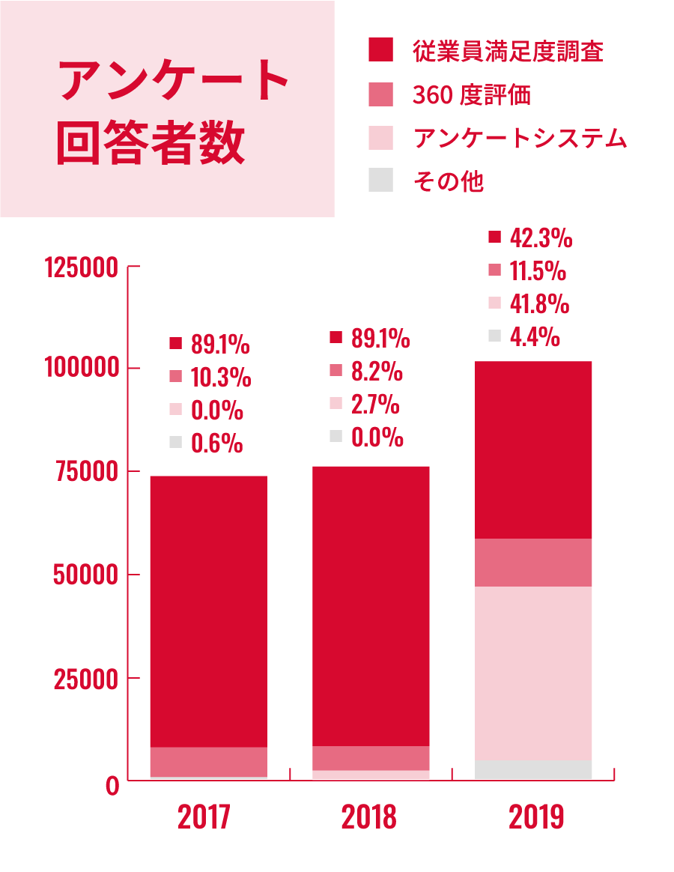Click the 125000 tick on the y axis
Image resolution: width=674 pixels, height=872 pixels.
click(x=82, y=267)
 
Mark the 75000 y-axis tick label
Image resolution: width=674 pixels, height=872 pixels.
click(x=88, y=472)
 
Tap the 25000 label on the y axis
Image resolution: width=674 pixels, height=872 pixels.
click(x=88, y=679)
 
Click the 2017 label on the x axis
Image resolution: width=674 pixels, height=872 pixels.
click(x=204, y=817)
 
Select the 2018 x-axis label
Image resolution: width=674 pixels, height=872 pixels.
click(x=368, y=817)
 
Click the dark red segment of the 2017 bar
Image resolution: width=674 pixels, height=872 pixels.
click(x=209, y=611)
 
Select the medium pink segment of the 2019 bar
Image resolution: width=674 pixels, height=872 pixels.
click(x=533, y=562)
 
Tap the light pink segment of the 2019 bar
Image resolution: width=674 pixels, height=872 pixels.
click(x=533, y=673)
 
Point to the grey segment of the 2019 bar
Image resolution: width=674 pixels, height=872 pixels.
click(x=533, y=769)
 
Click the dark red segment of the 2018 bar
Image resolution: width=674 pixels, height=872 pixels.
click(x=371, y=605)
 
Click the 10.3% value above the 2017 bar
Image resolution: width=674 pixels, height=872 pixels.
click(x=220, y=378)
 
